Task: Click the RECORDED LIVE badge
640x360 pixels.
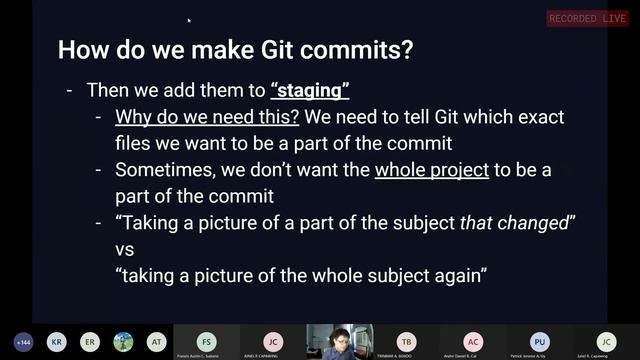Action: click(587, 18)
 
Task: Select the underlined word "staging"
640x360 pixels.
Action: click(309, 90)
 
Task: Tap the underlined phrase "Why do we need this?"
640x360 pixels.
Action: click(207, 117)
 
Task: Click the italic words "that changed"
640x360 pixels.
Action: click(512, 221)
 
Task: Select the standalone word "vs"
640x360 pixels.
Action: click(125, 247)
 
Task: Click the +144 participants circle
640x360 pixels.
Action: click(23, 341)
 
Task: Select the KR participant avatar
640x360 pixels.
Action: click(57, 341)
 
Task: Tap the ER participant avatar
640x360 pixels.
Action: click(90, 341)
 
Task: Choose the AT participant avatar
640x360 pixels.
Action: click(156, 341)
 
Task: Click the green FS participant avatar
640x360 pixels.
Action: click(206, 340)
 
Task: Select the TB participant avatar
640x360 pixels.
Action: click(406, 340)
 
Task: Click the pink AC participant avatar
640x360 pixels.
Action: click(473, 340)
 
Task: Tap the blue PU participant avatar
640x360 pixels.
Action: click(540, 340)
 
